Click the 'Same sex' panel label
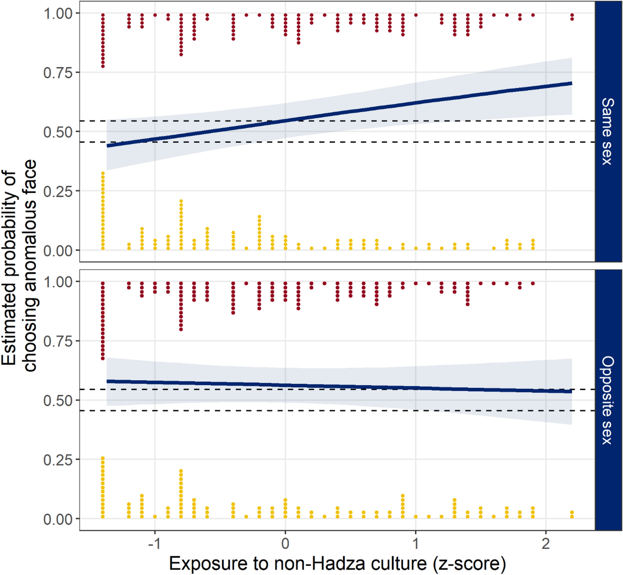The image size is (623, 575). tap(608, 131)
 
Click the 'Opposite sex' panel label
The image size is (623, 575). tap(608, 400)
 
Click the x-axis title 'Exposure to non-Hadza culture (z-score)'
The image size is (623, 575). tap(337, 564)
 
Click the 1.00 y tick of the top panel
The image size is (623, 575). tap(58, 13)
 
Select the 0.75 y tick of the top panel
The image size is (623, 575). tap(58, 73)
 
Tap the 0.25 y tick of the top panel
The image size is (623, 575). tap(58, 191)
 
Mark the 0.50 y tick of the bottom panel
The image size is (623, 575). tap(58, 401)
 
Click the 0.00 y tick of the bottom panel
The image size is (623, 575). tap(58, 519)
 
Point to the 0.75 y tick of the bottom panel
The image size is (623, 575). tap(58, 341)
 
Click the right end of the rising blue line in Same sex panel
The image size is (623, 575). tap(571, 84)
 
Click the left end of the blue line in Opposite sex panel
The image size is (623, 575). tap(108, 381)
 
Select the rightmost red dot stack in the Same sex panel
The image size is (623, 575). tap(572, 17)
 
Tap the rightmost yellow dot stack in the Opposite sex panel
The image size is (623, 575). tap(572, 514)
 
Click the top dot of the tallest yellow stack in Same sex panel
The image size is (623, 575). tap(103, 173)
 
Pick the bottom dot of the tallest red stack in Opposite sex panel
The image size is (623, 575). tap(103, 358)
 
